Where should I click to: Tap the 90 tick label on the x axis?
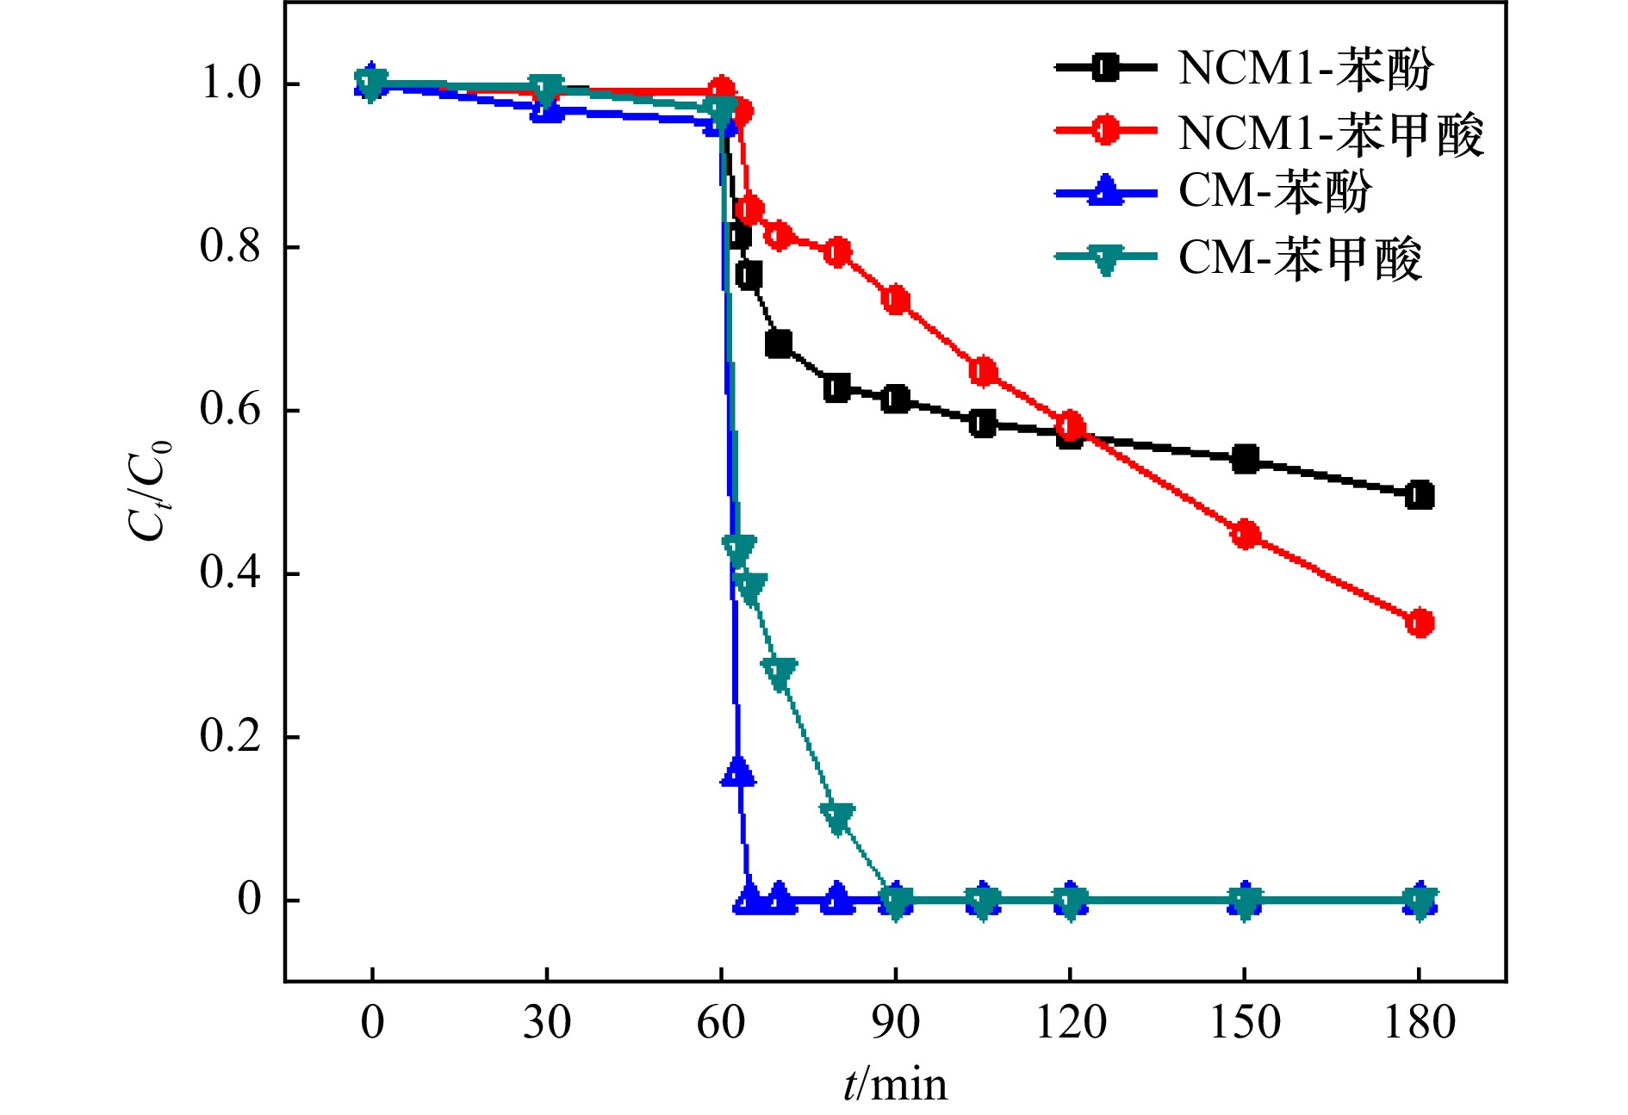pos(896,1024)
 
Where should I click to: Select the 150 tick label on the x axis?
pos(1245,1024)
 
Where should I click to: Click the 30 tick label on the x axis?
pos(547,1024)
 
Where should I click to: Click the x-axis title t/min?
pos(895,1085)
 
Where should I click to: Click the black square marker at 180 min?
pos(1420,496)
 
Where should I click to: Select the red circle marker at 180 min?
pos(1420,623)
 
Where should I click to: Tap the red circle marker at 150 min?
pos(1246,535)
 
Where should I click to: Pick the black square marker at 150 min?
pos(1246,460)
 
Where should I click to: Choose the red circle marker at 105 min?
pos(984,372)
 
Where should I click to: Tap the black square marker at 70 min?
pos(779,344)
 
